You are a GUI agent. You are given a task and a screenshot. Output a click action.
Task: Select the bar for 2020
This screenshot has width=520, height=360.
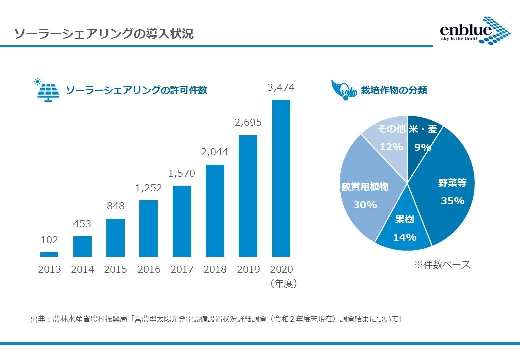click(x=281, y=178)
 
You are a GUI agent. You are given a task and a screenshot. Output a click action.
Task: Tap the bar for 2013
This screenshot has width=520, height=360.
click(x=49, y=254)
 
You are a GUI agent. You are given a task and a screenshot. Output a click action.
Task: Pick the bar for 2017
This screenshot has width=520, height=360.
click(x=182, y=221)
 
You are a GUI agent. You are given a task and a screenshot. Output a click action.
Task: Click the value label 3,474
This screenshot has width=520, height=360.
click(x=281, y=88)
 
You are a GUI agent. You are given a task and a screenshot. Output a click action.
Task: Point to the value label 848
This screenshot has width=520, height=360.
click(x=115, y=206)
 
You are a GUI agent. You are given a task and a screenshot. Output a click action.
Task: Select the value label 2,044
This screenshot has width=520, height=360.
click(x=215, y=152)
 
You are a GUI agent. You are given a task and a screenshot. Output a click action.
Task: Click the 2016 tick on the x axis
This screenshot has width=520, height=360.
click(x=149, y=269)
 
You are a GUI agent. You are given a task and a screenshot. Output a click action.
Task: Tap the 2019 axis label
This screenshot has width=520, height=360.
click(x=248, y=269)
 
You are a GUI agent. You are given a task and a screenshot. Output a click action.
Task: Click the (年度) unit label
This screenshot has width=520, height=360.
click(x=283, y=284)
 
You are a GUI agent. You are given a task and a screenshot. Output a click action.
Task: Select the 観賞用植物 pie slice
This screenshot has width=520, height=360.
click(x=365, y=195)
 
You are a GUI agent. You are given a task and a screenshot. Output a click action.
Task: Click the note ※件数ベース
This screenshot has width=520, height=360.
click(x=442, y=265)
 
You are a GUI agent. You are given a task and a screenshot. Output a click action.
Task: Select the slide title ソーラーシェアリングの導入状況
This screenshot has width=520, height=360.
click(x=104, y=34)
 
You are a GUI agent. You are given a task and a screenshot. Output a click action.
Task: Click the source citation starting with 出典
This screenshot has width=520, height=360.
click(x=217, y=319)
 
